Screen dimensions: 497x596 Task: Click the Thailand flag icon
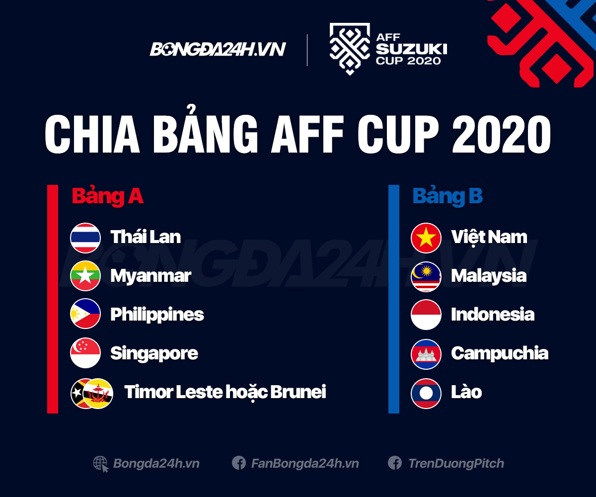click(x=85, y=238)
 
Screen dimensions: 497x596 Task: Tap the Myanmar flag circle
click(x=85, y=276)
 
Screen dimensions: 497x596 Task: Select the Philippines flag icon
click(x=85, y=314)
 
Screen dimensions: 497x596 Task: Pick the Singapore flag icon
click(x=85, y=353)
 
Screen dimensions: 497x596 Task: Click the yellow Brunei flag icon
click(x=99, y=393)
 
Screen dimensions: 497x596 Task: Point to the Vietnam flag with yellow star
click(x=426, y=238)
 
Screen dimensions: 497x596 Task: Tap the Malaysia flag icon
click(x=426, y=276)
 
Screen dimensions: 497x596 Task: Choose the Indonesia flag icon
click(x=426, y=315)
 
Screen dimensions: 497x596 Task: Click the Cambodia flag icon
click(x=426, y=354)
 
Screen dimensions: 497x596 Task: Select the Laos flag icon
click(x=426, y=393)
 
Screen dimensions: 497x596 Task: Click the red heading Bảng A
click(x=108, y=196)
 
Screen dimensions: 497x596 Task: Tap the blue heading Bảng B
click(x=447, y=196)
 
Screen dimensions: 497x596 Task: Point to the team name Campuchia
click(x=500, y=353)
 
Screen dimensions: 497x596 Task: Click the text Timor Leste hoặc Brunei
click(x=225, y=392)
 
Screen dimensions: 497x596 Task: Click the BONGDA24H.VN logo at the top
click(x=218, y=49)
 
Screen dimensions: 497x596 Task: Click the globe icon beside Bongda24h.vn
click(x=101, y=464)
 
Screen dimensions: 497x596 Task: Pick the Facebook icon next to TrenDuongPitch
click(x=395, y=463)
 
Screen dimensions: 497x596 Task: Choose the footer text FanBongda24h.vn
click(x=304, y=464)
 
